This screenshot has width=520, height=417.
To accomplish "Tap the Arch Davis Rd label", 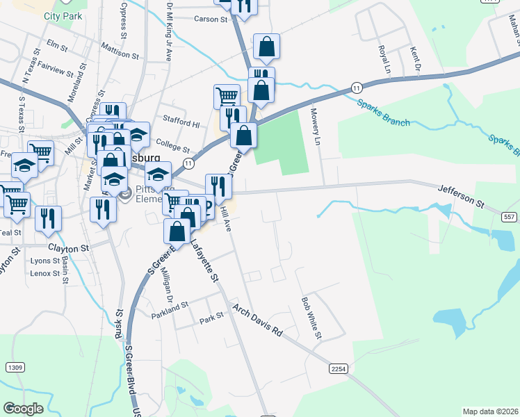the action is pos(257,319).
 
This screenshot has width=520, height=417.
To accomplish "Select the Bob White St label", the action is pos(311,318).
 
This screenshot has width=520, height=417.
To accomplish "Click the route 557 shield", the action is pos(510,217).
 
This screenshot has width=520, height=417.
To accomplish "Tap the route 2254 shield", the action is pos(339,369).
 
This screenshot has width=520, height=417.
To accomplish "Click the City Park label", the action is pos(63,15).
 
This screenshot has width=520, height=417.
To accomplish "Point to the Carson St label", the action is pos(211,19).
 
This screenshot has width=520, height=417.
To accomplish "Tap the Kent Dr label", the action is pos(416,59).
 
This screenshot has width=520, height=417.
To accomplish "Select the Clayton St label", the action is pos(69,247).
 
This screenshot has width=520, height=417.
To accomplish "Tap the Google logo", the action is pos(23,409).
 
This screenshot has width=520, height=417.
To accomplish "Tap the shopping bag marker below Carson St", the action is pos(266,49).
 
